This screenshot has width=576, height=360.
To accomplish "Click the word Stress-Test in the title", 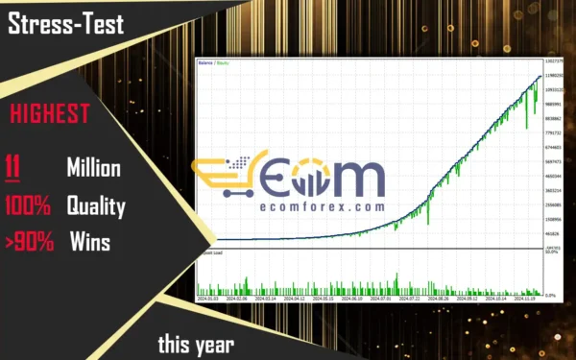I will click(x=66, y=25).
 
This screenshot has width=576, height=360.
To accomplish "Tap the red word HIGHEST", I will click(x=49, y=115).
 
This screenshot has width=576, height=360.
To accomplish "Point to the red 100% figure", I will click(x=28, y=205).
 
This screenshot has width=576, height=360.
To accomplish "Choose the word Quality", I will click(x=96, y=205).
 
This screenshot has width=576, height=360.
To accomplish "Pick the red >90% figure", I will click(x=28, y=242).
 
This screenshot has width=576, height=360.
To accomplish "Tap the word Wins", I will click(x=90, y=242).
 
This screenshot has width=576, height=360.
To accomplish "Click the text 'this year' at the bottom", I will click(x=195, y=343).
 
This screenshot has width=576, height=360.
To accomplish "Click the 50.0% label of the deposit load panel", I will click(x=553, y=253).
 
